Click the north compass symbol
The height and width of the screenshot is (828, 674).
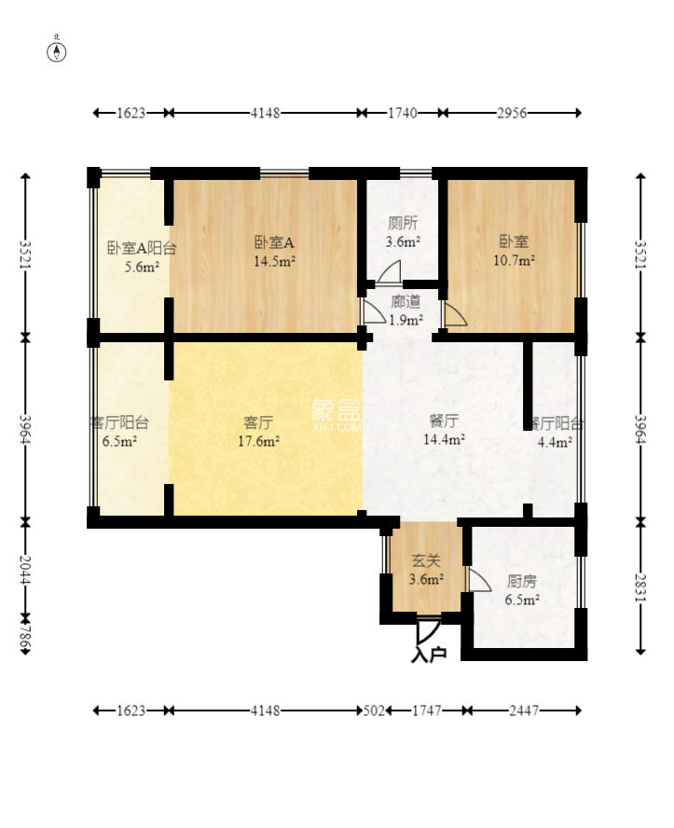coord(57,52)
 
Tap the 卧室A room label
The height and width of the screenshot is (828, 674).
coord(274,242)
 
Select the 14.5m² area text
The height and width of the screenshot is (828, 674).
coord(274,261)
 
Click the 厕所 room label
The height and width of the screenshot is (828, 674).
coord(403,224)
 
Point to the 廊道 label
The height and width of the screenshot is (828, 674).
coord(406,301)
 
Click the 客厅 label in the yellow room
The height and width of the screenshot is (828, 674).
coord(258,422)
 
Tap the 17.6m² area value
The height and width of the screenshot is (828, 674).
coord(258,441)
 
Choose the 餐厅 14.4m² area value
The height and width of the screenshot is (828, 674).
coord(444,439)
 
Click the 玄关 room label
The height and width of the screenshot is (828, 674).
coord(426,560)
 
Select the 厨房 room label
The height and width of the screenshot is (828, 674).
coord(522,582)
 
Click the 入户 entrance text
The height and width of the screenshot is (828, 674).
coord(429,655)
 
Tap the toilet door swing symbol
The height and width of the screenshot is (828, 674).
coord(389,271)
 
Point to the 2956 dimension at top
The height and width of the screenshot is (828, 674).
coord(512,113)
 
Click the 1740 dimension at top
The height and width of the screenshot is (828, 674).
coord(403,113)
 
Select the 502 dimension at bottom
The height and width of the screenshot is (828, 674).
coord(374,711)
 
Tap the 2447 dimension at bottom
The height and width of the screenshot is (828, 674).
coord(524,711)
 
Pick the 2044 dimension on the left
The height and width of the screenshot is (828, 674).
coord(25,569)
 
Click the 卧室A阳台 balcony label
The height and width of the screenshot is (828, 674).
coord(142,248)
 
